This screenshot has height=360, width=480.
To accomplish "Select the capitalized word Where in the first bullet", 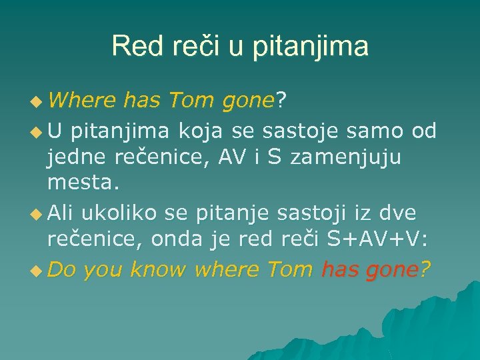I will pyautogui.click(x=83, y=101).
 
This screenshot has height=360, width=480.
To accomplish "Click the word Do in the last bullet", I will pyautogui.click(x=62, y=269).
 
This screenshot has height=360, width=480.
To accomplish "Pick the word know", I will pyautogui.click(x=157, y=269).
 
